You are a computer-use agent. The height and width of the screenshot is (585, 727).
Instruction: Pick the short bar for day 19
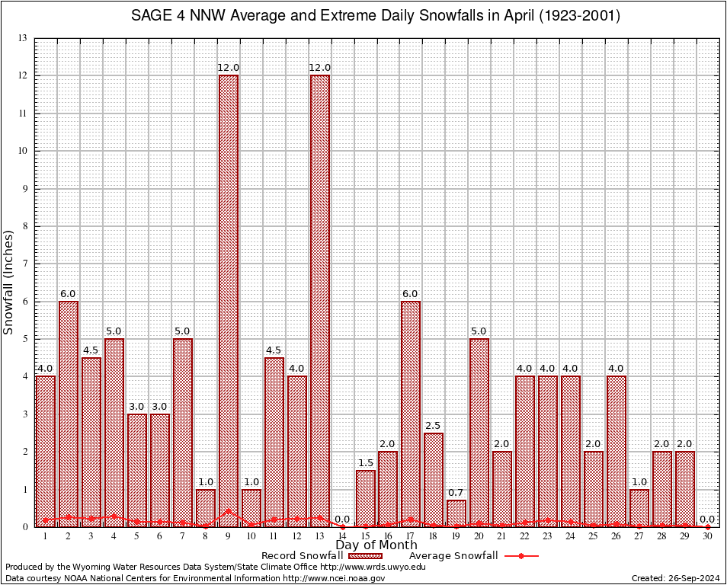click(x=456, y=513)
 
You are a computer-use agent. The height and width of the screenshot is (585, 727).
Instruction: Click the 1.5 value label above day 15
click(x=365, y=462)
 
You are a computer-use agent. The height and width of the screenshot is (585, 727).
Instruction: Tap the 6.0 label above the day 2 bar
click(x=68, y=293)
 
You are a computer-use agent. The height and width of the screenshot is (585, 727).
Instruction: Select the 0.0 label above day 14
click(x=342, y=519)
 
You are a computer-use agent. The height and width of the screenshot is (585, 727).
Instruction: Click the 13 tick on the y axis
click(x=23, y=38)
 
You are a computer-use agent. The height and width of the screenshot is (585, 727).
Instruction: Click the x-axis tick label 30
click(x=708, y=536)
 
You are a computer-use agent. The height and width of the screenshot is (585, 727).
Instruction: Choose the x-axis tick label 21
click(x=502, y=536)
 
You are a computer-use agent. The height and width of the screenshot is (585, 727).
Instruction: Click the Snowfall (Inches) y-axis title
click(x=9, y=282)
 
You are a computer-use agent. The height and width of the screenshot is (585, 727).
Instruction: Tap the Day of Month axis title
click(x=376, y=545)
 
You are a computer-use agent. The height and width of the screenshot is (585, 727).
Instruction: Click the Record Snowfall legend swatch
click(x=365, y=556)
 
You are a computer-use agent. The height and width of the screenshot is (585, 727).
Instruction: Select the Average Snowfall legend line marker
click(x=520, y=556)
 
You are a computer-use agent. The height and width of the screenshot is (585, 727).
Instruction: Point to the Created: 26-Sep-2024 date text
click(x=675, y=578)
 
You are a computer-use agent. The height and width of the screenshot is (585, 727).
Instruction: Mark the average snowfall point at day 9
click(x=228, y=512)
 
